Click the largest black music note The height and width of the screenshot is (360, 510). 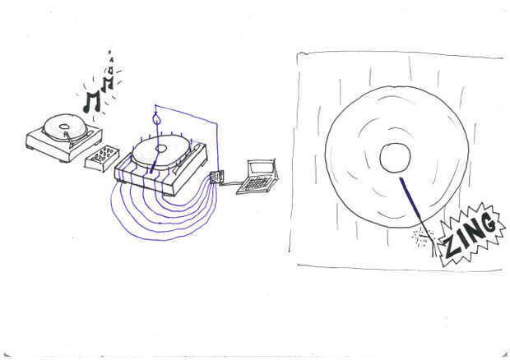pyautogui.click(x=91, y=102)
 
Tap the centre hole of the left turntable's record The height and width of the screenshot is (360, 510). pyautogui.click(x=64, y=126)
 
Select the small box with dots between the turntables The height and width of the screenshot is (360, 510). pyautogui.click(x=102, y=159)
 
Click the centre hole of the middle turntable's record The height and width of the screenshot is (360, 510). pyautogui.click(x=161, y=149)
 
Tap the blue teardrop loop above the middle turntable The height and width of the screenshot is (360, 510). pyautogui.click(x=157, y=118)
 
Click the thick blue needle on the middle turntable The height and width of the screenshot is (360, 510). pyautogui.click(x=153, y=163)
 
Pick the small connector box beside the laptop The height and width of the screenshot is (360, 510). pyautogui.click(x=216, y=178)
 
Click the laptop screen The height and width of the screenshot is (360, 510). pyautogui.click(x=261, y=168)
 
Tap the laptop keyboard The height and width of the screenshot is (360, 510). pyautogui.click(x=257, y=184)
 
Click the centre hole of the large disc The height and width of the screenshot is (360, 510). pyautogui.click(x=395, y=158)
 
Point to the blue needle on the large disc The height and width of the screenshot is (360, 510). pyautogui.click(x=411, y=199)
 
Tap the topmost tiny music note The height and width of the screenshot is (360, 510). pyautogui.click(x=110, y=53)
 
